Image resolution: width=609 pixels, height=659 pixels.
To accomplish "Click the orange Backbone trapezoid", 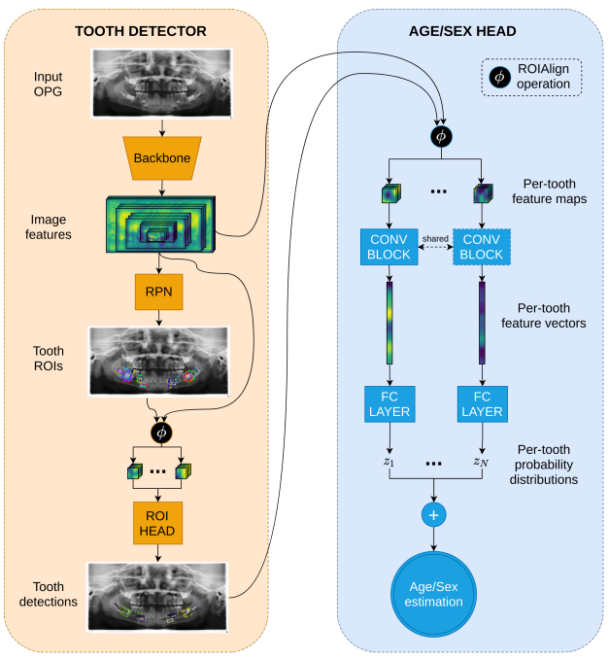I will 162,156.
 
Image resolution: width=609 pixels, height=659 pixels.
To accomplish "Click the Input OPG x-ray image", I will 162,83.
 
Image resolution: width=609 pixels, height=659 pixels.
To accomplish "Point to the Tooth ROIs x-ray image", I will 159,361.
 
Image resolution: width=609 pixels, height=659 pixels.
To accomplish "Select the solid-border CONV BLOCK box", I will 389,247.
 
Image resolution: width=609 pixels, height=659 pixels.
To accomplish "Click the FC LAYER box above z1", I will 389,403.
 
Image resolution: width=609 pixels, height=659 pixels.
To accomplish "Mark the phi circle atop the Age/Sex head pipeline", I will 440,136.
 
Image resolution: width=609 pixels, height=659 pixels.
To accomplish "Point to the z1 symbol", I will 389,461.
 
